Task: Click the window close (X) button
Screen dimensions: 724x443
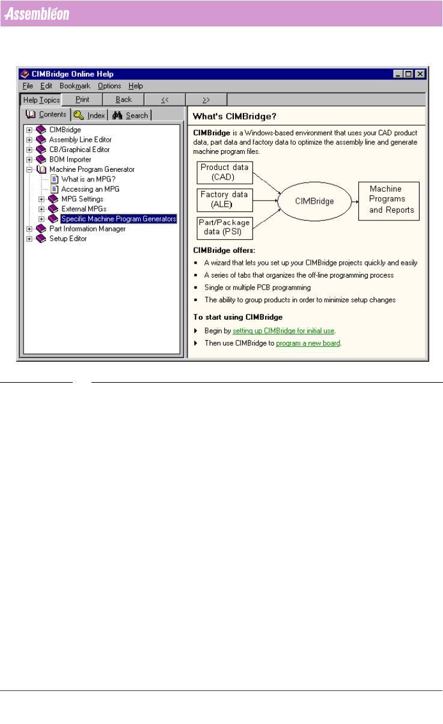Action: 420,74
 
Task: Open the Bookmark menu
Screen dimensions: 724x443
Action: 75,86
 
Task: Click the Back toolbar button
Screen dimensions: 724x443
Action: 124,100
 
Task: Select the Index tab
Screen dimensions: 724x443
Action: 90,115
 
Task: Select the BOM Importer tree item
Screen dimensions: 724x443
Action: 70,159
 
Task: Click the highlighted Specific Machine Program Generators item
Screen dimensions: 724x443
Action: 118,219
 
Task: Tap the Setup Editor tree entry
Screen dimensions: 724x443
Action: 67,239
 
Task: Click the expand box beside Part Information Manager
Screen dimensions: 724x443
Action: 29,229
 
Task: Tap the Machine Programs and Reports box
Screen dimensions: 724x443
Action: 388,199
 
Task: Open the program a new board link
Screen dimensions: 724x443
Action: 308,344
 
